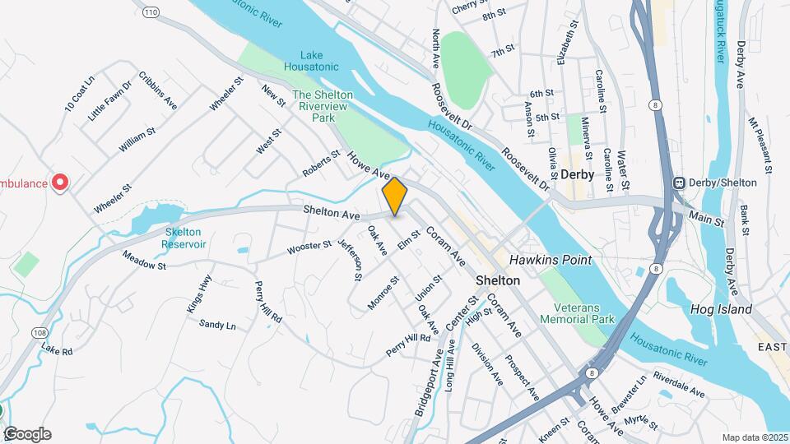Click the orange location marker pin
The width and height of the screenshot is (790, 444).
point(395,196)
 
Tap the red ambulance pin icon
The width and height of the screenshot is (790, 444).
point(59,182)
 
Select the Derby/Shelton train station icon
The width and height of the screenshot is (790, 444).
point(680,183)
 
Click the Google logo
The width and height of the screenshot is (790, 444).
point(27,434)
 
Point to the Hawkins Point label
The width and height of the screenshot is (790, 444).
point(551,260)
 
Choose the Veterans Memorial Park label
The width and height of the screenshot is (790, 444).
point(579,312)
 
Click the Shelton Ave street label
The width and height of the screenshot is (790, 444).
point(332,214)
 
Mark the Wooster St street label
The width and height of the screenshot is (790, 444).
point(309,245)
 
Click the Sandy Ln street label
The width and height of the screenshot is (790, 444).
point(217,325)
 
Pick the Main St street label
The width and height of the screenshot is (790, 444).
point(706,220)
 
